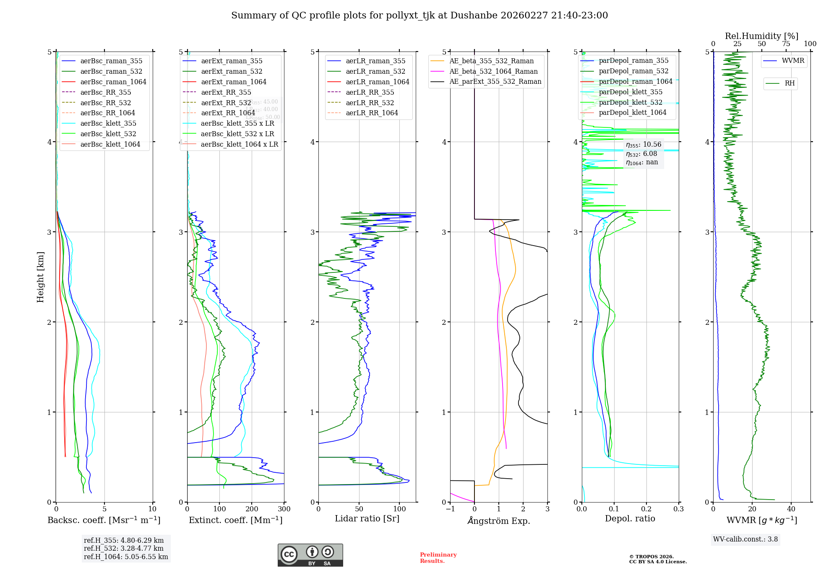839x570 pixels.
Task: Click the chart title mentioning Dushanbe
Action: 419,16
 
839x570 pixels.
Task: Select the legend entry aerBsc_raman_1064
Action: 113,82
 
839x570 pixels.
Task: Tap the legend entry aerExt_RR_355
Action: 226,92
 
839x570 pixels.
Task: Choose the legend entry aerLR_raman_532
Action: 375,71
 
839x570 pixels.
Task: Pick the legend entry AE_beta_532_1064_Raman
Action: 493,71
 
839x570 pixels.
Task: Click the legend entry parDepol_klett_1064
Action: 632,112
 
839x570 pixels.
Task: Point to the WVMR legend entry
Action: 793,61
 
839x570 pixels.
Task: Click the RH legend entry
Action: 789,83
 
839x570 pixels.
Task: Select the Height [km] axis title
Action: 40,277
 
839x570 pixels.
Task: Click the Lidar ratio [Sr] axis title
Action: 367,518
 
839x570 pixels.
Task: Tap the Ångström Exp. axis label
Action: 499,521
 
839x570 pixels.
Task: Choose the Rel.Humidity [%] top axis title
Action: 761,36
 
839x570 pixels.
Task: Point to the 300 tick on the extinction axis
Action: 284,509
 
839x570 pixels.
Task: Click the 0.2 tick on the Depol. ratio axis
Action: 646,509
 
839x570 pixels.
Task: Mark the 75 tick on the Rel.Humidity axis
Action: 786,44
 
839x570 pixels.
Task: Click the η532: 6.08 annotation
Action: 641,154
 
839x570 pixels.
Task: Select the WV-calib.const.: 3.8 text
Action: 745,539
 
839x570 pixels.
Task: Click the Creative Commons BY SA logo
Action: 310,555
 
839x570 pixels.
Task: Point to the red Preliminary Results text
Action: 438,558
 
